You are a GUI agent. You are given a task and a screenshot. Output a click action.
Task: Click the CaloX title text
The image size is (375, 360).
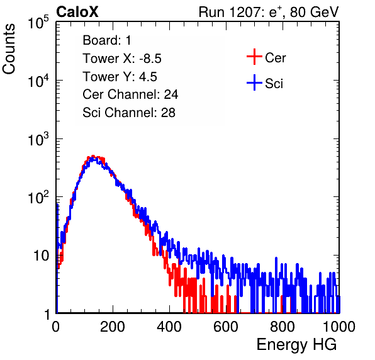point(77,12)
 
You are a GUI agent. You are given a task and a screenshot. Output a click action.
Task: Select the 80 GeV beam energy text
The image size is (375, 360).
point(315,12)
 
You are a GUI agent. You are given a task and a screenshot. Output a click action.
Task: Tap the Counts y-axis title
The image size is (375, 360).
point(9,49)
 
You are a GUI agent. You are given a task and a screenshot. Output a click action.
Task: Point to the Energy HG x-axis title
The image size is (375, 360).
point(296,345)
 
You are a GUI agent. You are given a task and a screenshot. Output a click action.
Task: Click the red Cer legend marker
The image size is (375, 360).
point(254,57)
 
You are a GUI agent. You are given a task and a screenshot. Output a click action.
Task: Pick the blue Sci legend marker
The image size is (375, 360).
point(254,82)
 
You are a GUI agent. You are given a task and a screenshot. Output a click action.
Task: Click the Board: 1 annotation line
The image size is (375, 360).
point(107,40)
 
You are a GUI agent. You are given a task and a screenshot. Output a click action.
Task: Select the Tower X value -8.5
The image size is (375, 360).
point(150,59)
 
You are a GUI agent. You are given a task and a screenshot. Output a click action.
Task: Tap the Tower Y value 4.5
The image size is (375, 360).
point(148,77)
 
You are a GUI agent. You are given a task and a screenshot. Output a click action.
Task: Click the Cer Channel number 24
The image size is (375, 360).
point(171,94)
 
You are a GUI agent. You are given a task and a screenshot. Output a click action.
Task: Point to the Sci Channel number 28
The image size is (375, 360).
point(168,113)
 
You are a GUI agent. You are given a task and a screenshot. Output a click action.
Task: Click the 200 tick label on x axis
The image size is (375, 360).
point(113,327)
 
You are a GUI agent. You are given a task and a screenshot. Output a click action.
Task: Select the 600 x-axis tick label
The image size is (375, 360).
point(226,327)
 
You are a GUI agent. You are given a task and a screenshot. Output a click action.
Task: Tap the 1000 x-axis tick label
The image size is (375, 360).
point(339,327)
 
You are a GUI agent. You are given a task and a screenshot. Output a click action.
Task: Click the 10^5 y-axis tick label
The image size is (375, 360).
point(38,22)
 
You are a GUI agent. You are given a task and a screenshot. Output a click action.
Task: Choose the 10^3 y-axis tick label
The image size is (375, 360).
point(38,139)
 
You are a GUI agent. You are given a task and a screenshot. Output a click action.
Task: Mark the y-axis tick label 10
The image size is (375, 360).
point(41,256)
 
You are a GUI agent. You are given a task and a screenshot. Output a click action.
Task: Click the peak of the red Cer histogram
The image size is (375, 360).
point(93,156)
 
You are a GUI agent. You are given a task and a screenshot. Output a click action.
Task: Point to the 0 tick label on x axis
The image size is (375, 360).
point(56,327)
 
